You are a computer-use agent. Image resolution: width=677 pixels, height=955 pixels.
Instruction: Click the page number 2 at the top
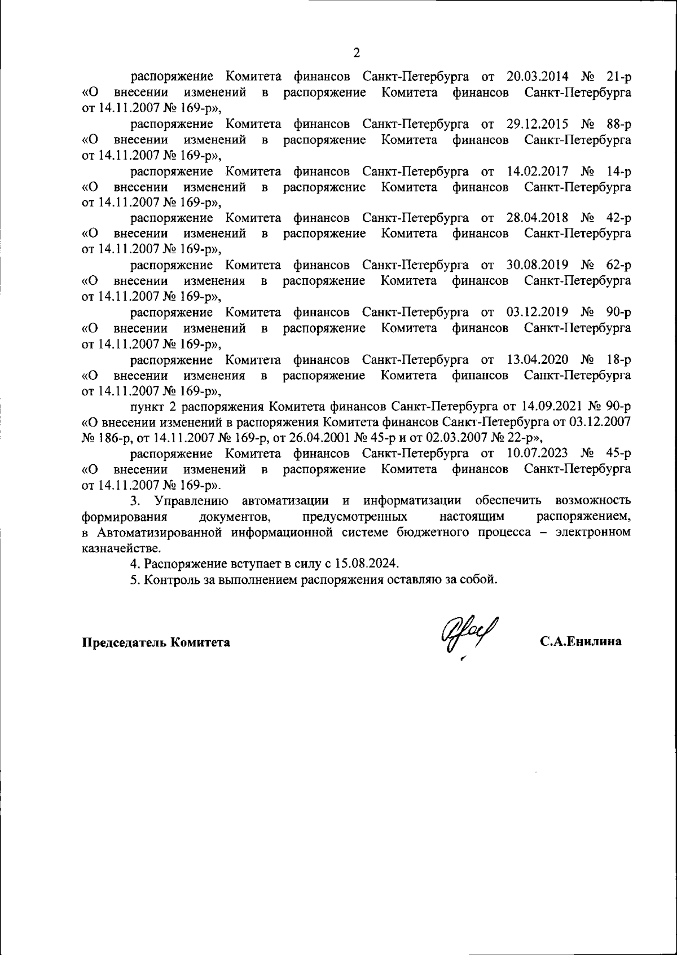click(x=356, y=53)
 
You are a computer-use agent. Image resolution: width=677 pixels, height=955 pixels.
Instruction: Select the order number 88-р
click(x=619, y=124)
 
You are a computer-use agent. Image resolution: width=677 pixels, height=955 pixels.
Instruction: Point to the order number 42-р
click(x=619, y=218)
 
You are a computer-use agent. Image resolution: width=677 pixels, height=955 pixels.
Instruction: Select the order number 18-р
click(x=619, y=359)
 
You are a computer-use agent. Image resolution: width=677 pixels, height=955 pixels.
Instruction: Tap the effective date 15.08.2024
click(x=368, y=564)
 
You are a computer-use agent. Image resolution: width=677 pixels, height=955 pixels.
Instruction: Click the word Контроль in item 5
click(x=170, y=579)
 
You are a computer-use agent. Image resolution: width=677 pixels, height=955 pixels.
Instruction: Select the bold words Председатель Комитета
click(x=156, y=642)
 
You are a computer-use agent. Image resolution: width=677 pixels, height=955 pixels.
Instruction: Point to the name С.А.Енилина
click(x=580, y=642)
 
